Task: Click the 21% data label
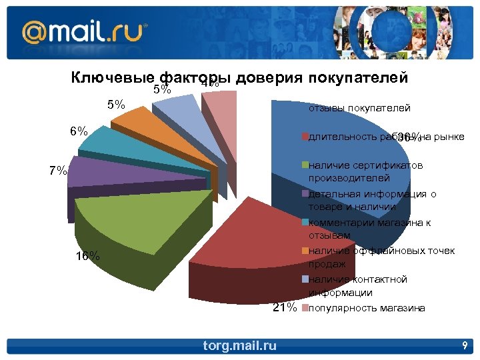(x=284, y=307)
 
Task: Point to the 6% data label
(x=79, y=131)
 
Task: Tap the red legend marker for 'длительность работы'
(x=305, y=137)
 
